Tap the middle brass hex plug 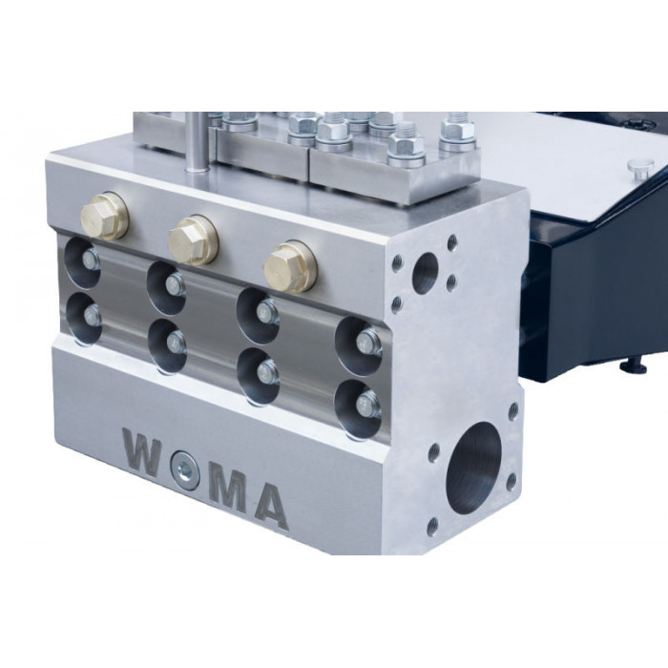click(193, 240)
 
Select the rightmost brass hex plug click(290, 266)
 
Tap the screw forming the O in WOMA click(184, 469)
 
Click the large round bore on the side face click(473, 469)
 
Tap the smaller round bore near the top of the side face click(426, 273)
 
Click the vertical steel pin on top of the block click(197, 142)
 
